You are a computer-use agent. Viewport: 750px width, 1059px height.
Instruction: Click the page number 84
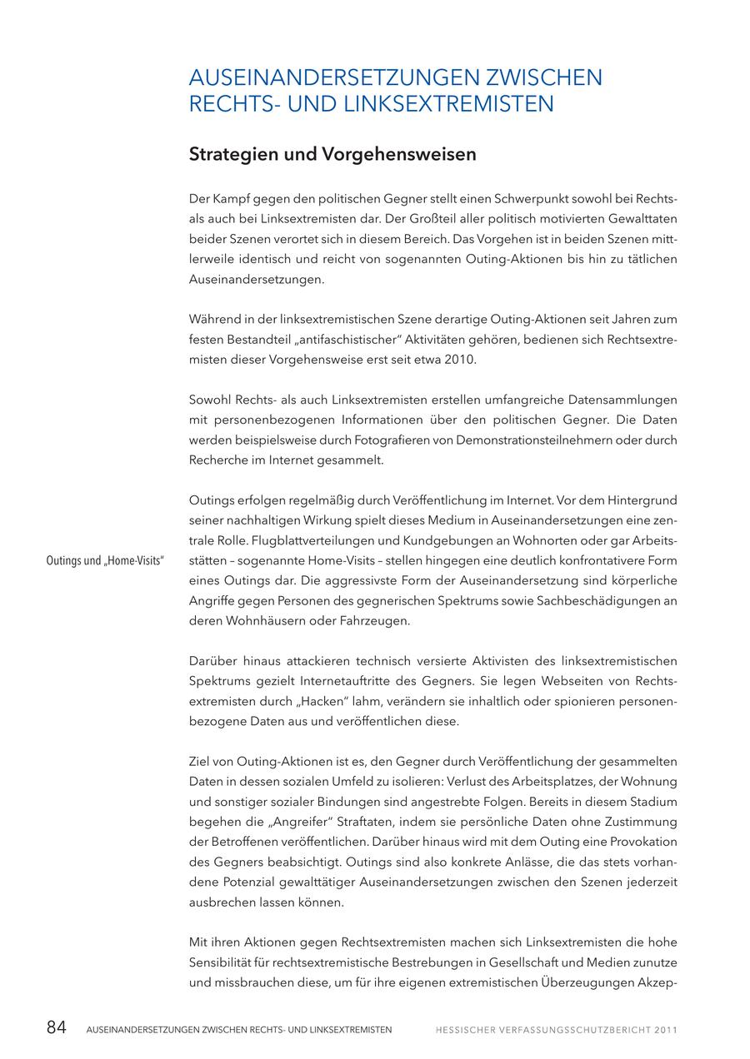click(56, 1027)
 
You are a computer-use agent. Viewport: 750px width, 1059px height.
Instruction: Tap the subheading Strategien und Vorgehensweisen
click(332, 155)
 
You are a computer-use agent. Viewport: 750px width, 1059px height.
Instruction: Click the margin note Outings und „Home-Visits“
click(105, 560)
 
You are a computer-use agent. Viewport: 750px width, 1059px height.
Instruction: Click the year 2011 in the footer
click(666, 1030)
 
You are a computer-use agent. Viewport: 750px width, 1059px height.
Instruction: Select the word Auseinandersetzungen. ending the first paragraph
click(257, 280)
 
